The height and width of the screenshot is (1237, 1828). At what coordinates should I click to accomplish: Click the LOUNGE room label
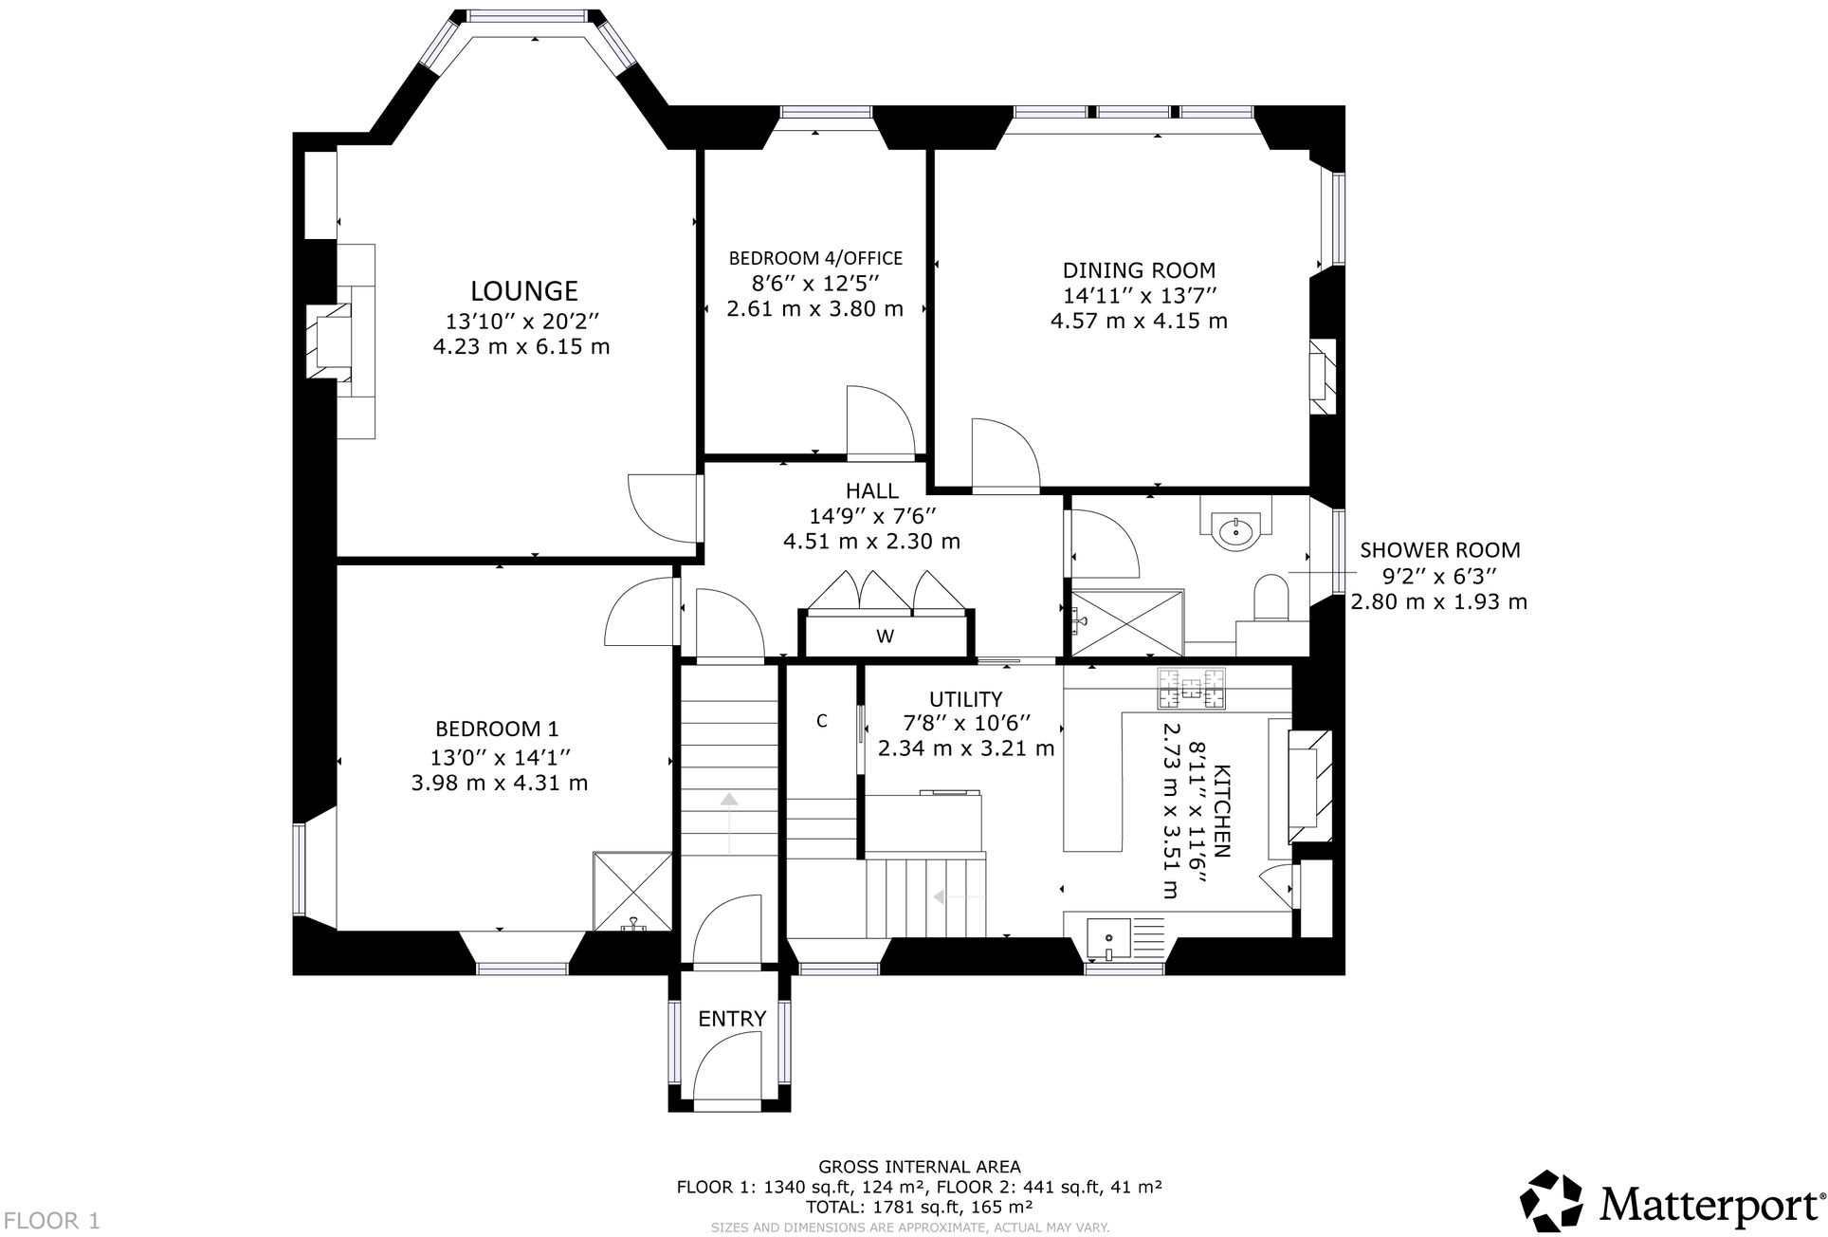point(524,290)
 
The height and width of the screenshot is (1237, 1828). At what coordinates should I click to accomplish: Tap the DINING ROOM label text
point(1138,270)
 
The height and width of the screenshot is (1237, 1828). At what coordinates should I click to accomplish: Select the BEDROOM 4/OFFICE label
point(814,258)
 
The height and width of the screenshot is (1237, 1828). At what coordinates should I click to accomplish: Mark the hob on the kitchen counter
point(1190,689)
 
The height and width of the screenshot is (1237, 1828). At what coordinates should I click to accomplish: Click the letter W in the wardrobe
point(885,637)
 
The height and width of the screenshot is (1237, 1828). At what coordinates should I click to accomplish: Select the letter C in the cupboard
point(822,721)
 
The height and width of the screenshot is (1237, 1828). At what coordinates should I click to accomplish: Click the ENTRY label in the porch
point(731,1019)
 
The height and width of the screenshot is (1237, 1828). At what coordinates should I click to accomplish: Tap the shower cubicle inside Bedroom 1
point(632,892)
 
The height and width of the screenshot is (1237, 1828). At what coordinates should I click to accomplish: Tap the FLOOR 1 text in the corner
point(51,1220)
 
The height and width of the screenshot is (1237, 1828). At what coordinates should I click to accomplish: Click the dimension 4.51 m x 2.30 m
point(870,542)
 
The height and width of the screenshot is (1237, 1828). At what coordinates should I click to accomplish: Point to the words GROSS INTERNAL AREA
point(919,1167)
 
